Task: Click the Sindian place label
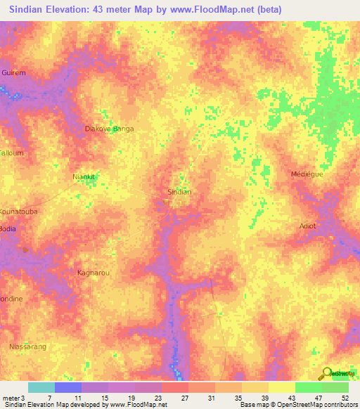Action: click(179, 191)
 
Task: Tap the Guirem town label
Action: click(13, 72)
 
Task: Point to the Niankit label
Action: click(84, 177)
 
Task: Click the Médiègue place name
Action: click(307, 174)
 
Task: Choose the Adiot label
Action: click(307, 226)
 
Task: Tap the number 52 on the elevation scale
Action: click(345, 397)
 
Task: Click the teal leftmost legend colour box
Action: click(41, 387)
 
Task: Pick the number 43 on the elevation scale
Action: click(291, 397)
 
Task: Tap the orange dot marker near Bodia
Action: click(25, 248)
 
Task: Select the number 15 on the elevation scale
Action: click(104, 397)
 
